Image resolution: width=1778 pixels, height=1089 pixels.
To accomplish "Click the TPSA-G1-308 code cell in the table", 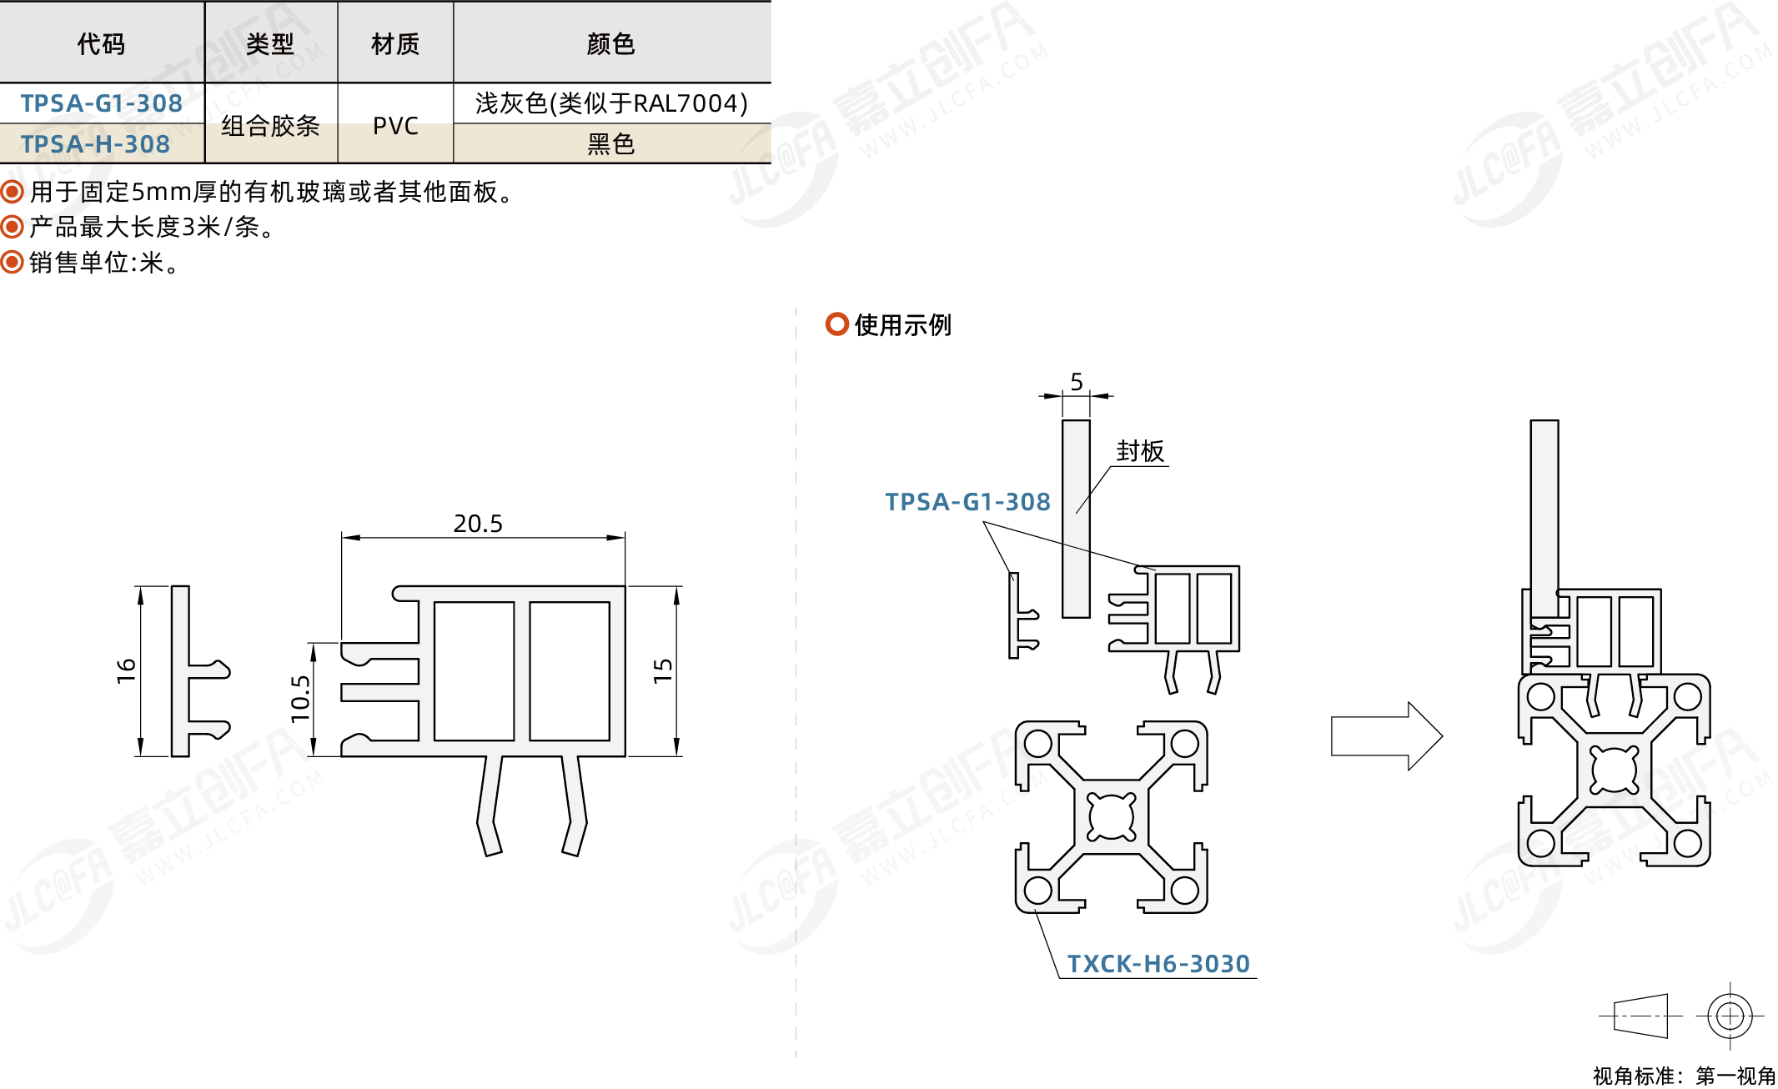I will (x=101, y=103).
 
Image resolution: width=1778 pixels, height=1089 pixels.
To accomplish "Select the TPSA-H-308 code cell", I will (x=95, y=144).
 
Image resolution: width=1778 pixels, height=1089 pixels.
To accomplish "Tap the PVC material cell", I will (x=395, y=126).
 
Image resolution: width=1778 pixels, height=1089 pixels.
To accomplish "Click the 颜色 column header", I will (x=611, y=43).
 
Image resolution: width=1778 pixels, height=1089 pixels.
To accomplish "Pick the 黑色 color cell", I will (x=611, y=144).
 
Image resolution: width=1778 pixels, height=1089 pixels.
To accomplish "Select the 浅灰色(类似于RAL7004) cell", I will (x=611, y=103).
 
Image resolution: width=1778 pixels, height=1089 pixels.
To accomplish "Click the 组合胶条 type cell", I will (x=270, y=126).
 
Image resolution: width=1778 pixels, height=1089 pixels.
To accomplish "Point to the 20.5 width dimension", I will (x=478, y=524).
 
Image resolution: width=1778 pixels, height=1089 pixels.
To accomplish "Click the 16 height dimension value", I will (x=126, y=670).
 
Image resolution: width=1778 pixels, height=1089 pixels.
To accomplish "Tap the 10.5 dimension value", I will (x=300, y=699).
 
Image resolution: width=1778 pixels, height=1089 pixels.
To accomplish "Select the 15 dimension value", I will (x=663, y=670).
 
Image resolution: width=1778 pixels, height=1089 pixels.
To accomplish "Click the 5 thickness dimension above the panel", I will (x=1077, y=382).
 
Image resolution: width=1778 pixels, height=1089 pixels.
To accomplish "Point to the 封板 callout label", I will (x=1140, y=451).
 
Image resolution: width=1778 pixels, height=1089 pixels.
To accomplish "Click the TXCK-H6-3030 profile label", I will (x=1158, y=964).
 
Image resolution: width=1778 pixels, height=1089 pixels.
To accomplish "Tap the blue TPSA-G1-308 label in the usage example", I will (x=967, y=502).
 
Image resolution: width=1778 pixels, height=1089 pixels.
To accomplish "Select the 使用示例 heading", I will (x=902, y=324).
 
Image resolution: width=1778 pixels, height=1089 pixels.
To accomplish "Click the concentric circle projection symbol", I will (x=1730, y=1016).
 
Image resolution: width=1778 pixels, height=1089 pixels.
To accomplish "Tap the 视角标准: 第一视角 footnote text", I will (x=1684, y=1076).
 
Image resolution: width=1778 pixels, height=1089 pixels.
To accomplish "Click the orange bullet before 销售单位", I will (x=12, y=263).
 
